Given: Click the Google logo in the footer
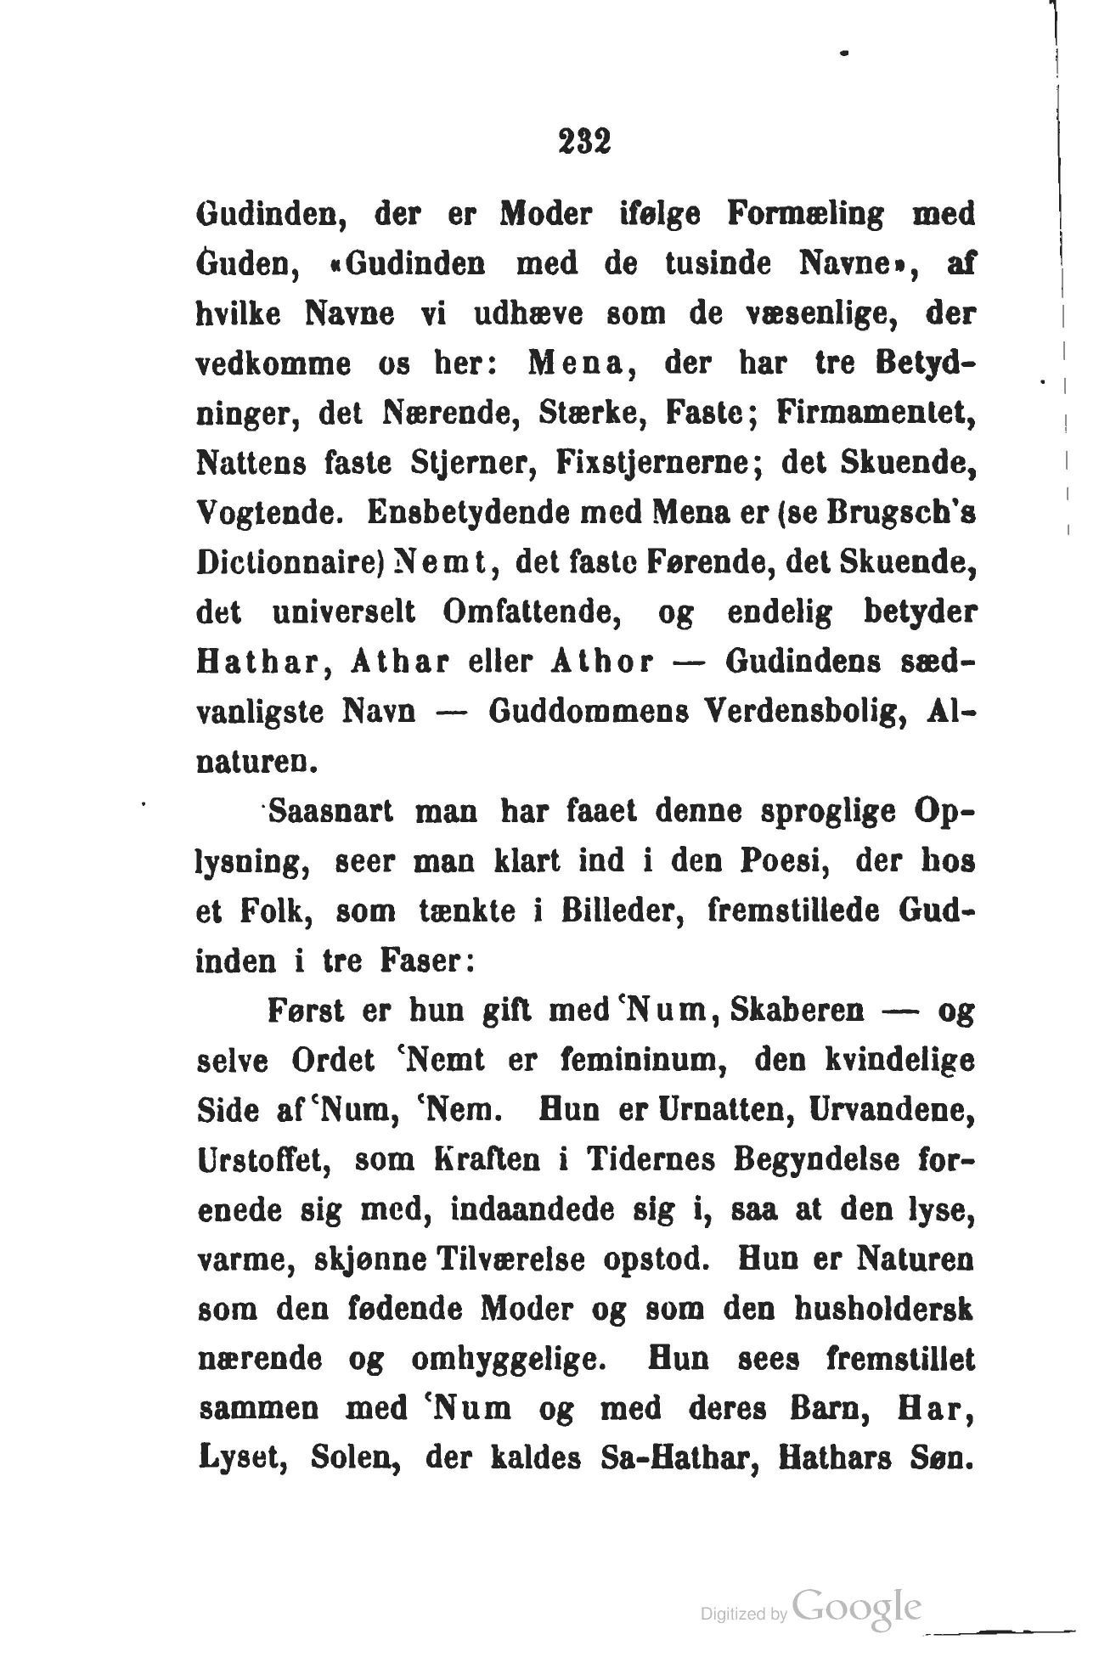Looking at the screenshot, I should (858, 1609).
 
